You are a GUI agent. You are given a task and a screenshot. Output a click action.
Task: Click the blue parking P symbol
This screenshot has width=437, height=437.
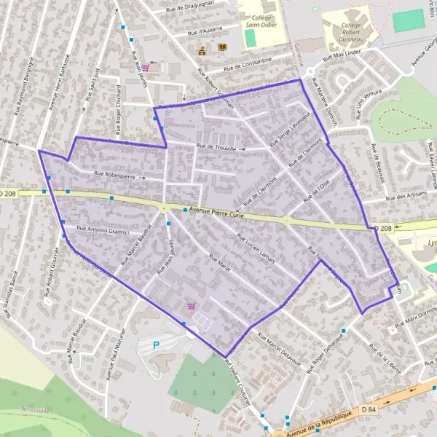(155, 345)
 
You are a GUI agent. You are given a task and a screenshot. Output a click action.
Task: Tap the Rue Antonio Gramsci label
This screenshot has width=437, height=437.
(103, 232)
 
